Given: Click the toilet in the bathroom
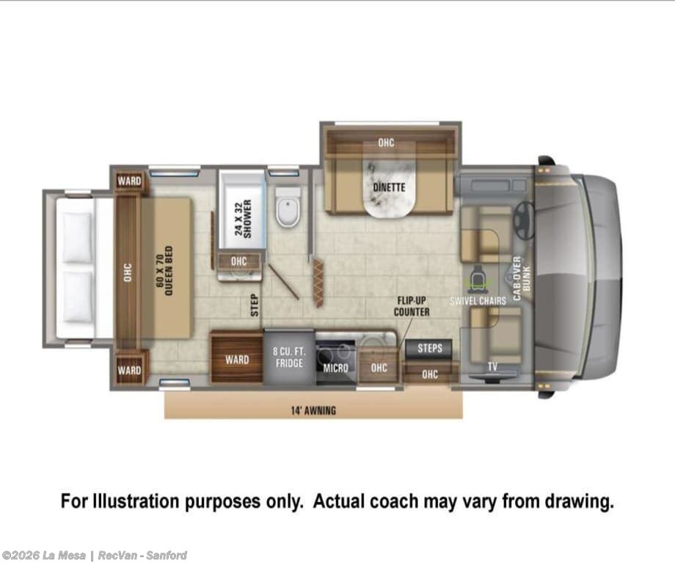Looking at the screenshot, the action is click(288, 208).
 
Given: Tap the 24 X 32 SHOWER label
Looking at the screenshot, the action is click(244, 219).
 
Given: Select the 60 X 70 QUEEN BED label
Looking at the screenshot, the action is click(165, 271).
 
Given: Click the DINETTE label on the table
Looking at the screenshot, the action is click(389, 187).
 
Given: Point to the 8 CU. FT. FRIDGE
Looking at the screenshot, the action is click(289, 357).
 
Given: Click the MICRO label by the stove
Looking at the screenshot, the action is click(335, 368).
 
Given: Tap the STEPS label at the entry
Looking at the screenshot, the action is click(430, 348).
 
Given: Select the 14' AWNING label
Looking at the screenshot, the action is click(313, 410).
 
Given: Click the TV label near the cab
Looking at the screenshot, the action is click(492, 366).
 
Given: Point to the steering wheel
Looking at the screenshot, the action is click(524, 220).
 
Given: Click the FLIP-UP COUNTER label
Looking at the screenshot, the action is click(412, 306).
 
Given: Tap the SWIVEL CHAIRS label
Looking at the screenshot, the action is click(478, 301).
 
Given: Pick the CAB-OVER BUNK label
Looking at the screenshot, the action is click(522, 278).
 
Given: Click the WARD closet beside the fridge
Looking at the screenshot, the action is click(237, 357).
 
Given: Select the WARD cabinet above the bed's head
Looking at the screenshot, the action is click(130, 181).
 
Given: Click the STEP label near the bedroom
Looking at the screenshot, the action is click(255, 305).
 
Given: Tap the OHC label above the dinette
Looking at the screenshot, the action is click(386, 142).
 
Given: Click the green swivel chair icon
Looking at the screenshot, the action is click(478, 279).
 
